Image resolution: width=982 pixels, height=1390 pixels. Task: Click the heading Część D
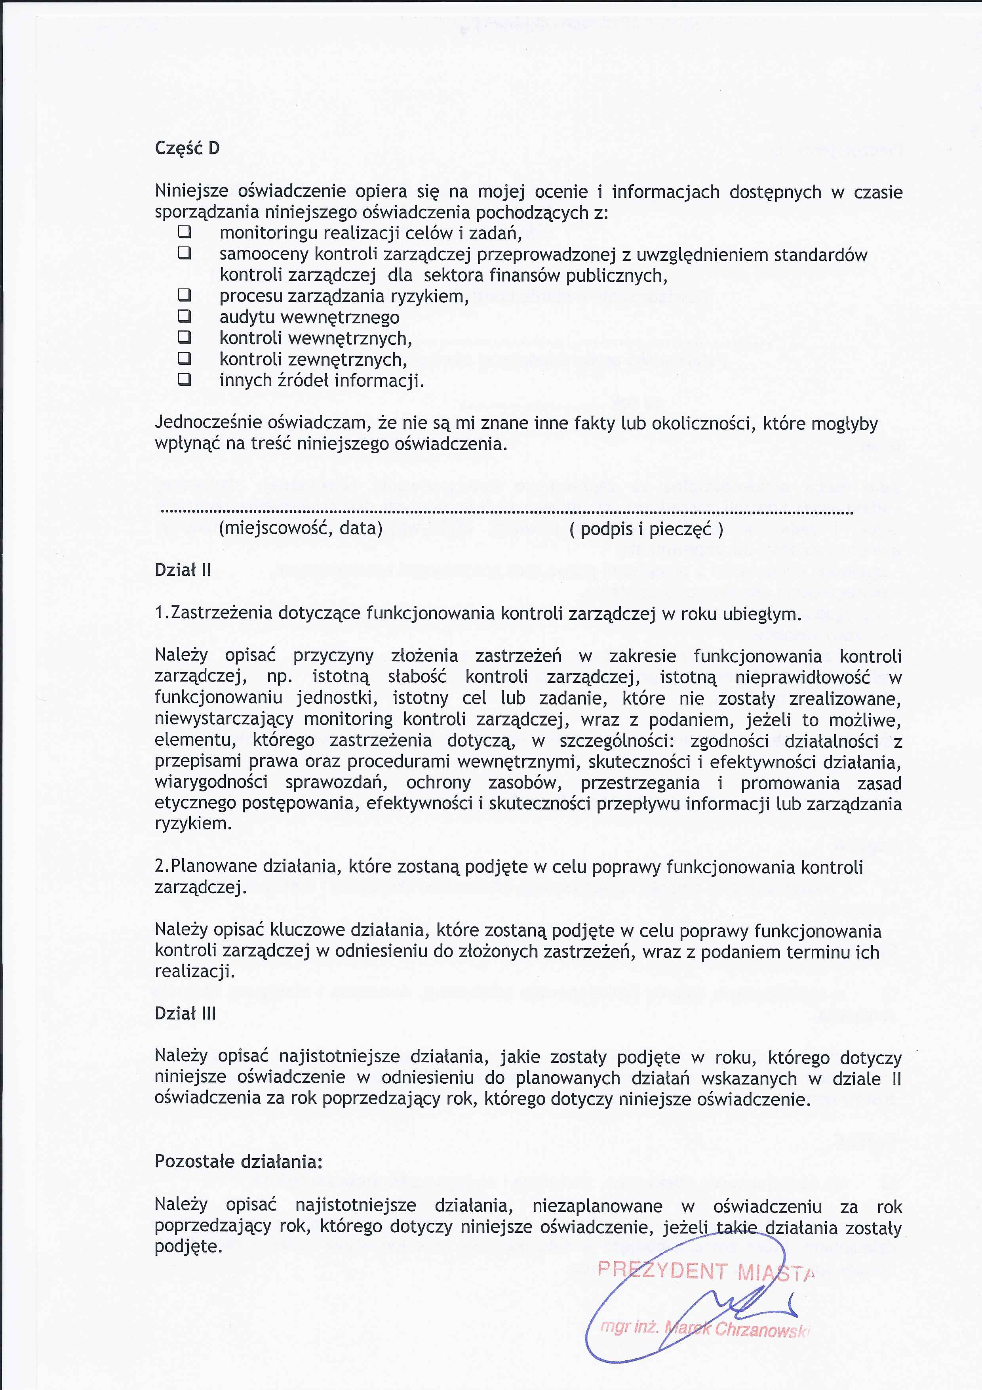187,148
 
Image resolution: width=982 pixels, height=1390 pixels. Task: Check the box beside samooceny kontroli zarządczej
185,253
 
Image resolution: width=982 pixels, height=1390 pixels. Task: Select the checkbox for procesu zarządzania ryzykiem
185,296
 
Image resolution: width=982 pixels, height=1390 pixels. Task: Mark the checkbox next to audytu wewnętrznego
185,316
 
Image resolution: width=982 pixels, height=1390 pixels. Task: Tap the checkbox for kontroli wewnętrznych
185,337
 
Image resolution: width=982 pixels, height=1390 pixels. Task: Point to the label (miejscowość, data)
301,529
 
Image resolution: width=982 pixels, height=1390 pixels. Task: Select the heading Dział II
183,570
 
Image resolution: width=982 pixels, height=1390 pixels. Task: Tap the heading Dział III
185,1014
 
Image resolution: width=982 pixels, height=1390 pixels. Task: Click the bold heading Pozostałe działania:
238,1161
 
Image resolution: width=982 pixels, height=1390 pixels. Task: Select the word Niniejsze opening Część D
191,191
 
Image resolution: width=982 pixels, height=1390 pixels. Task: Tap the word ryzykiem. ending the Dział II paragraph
193,824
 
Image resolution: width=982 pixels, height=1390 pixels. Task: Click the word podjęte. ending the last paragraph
188,1247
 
